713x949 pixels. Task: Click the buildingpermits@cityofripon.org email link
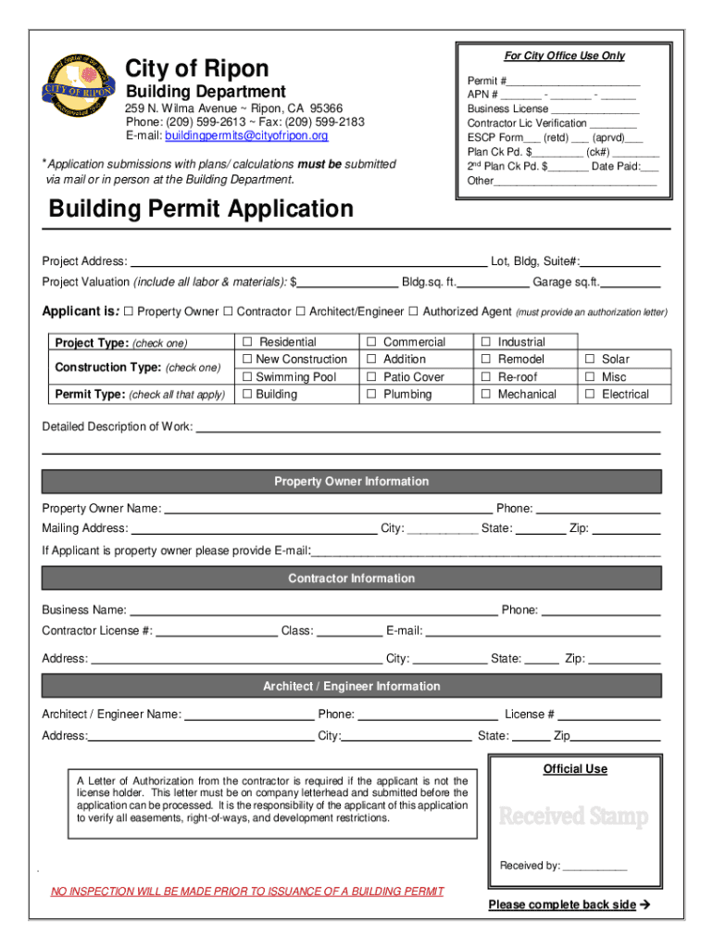[246, 136]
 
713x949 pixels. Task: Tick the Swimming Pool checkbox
[247, 377]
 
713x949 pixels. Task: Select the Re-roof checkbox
[485, 377]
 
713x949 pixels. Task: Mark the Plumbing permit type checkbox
[371, 395]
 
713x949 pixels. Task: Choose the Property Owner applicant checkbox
[128, 311]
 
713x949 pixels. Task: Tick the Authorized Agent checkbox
[414, 311]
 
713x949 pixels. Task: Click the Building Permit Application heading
[201, 209]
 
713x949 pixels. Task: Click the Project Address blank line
[308, 261]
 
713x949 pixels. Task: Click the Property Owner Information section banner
[351, 482]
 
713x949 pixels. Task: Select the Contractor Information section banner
[351, 578]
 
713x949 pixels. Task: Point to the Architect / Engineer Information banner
[351, 687]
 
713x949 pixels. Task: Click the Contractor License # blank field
[217, 631]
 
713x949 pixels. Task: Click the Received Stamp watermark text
[573, 816]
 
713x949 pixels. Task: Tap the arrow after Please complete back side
[645, 905]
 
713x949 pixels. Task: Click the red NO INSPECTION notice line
[247, 892]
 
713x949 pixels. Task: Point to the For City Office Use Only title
[564, 56]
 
